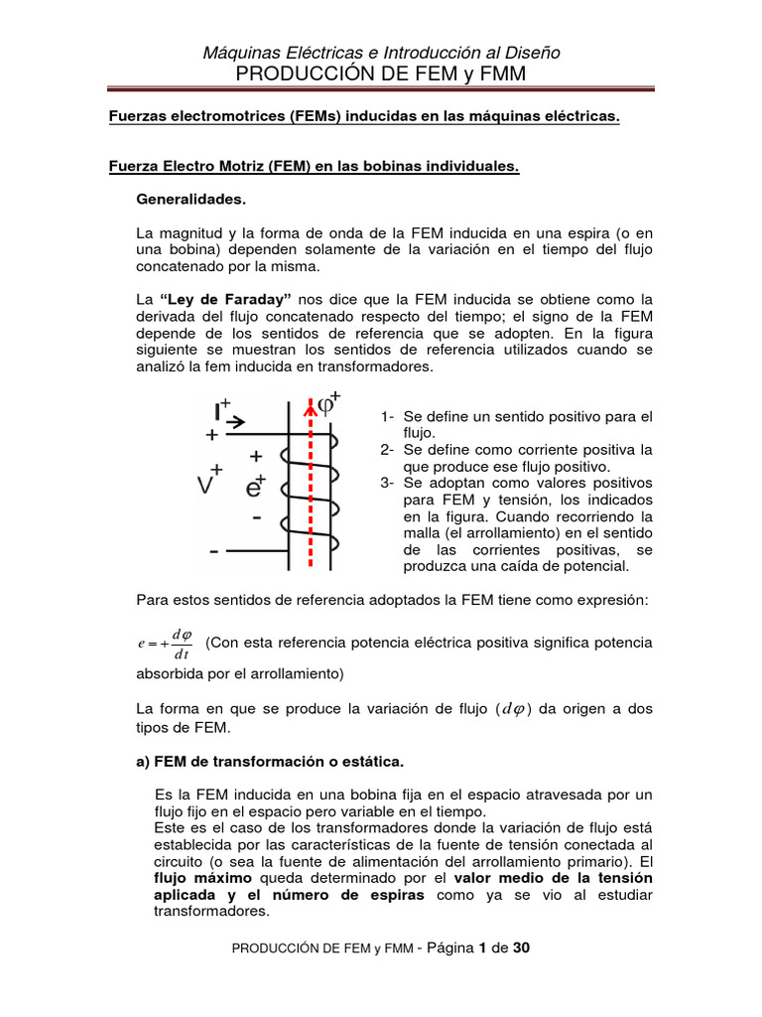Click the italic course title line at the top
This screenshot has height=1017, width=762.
pyautogui.click(x=382, y=53)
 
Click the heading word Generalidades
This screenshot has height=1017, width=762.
pyautogui.click(x=190, y=200)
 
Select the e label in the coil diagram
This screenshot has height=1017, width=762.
pyautogui.click(x=254, y=488)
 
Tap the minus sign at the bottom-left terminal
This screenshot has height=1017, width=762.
pyautogui.click(x=213, y=549)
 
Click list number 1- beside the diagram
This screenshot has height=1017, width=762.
pyautogui.click(x=388, y=416)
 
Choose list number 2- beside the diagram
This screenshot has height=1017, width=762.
pyautogui.click(x=388, y=450)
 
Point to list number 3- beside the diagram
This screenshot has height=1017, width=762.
pyautogui.click(x=388, y=484)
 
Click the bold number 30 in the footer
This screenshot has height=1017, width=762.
pyautogui.click(x=520, y=947)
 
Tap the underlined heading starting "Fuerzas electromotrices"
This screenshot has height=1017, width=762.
pyautogui.click(x=363, y=117)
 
